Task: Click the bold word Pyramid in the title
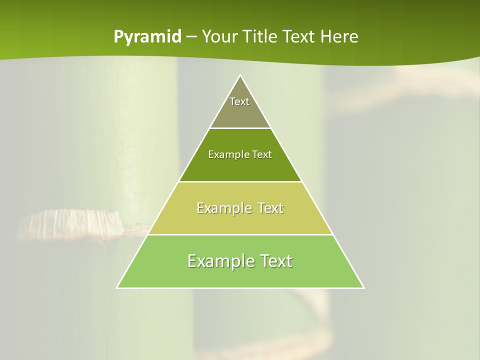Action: (147, 37)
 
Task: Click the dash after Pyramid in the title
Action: (191, 37)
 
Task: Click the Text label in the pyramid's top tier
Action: (239, 101)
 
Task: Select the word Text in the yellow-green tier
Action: (270, 208)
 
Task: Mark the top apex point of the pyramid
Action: (240, 75)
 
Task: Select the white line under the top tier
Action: (240, 128)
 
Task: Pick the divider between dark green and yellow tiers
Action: (240, 181)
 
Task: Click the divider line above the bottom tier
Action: (240, 234)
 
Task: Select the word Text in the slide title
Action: (299, 36)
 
